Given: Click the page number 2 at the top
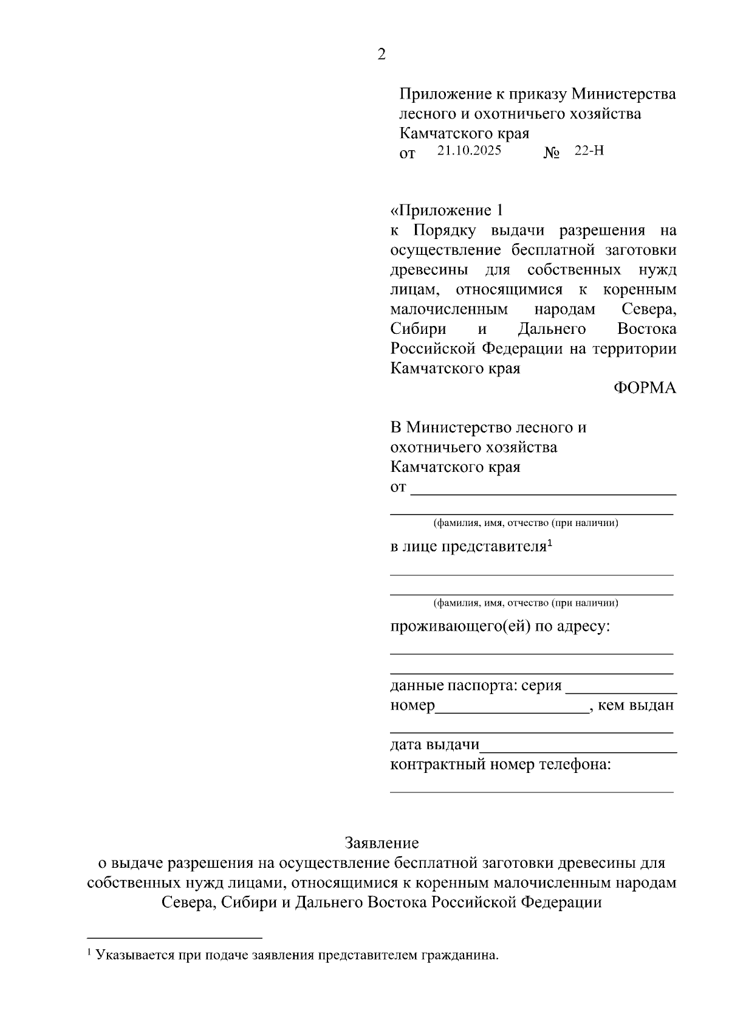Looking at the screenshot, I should [381, 55].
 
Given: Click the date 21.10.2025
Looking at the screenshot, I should [469, 151].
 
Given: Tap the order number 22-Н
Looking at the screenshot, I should [589, 151].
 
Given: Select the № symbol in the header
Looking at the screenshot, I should [551, 153].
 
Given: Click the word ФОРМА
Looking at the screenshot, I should [644, 388].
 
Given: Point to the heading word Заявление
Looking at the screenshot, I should [382, 843].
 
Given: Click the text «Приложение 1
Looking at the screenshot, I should [447, 210].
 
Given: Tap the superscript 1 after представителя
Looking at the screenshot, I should [549, 541].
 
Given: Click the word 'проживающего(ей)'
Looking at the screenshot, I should [460, 626].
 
